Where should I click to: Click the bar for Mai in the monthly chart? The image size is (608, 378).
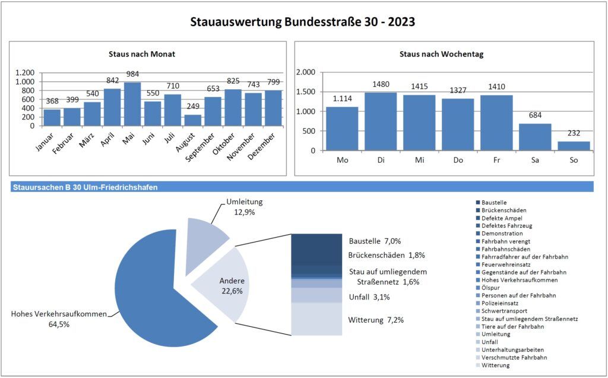[x=132, y=104]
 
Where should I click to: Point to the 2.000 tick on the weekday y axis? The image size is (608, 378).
[x=306, y=73]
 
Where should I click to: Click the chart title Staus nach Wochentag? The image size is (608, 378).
[x=441, y=54]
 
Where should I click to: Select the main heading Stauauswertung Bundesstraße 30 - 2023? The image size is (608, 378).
[x=303, y=23]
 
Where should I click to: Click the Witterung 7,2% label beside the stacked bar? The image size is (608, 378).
[x=376, y=320]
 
